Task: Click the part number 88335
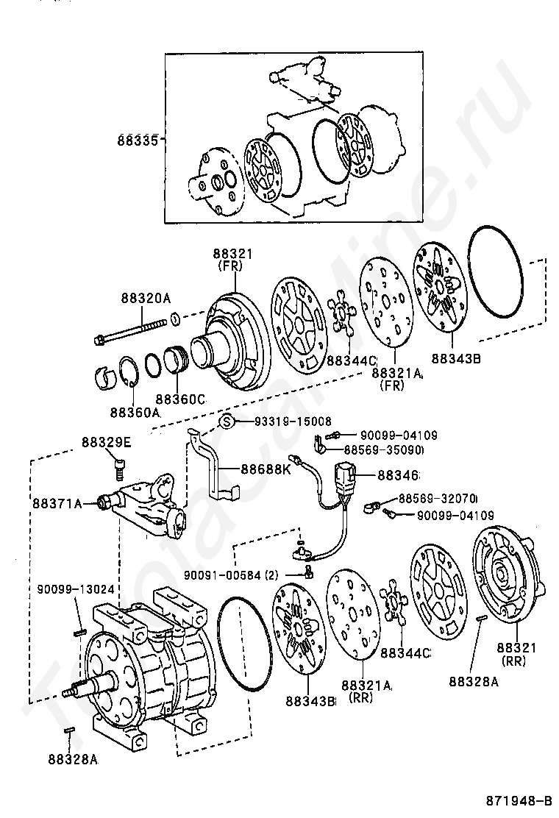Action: (138, 140)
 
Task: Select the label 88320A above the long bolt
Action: (146, 299)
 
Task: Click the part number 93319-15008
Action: (286, 421)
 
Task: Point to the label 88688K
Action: (266, 469)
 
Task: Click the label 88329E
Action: (107, 442)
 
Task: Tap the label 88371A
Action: (57, 503)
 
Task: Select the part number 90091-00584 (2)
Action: (232, 575)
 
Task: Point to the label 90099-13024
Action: (76, 589)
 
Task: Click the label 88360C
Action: (181, 399)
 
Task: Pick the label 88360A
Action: (135, 412)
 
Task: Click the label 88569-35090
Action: (383, 449)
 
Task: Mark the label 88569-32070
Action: (438, 498)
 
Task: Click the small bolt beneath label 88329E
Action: (120, 468)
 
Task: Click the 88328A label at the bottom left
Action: (73, 759)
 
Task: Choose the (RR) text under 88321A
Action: (361, 697)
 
